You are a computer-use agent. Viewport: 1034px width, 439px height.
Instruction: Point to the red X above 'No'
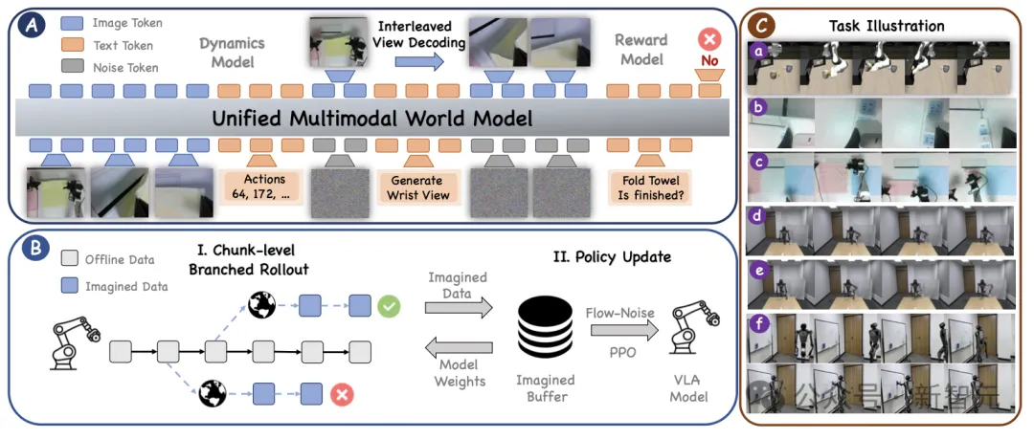[708, 40]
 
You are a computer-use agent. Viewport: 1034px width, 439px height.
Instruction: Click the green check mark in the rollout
[389, 306]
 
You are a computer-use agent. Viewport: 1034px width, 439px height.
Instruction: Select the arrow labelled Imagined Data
[458, 306]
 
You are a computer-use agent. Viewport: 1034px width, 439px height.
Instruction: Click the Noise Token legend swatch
[72, 67]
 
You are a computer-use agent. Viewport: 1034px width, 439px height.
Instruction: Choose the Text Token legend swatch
[72, 44]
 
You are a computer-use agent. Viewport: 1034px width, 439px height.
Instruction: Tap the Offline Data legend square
[69, 259]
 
